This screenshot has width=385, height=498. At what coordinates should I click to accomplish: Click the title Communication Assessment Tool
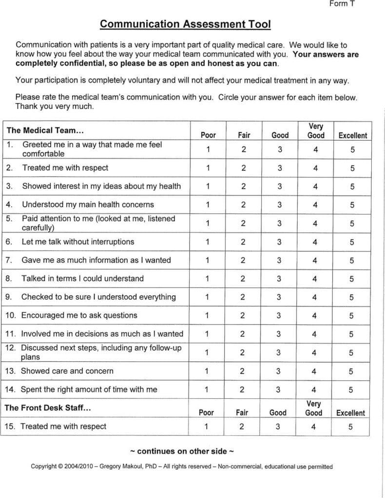185,24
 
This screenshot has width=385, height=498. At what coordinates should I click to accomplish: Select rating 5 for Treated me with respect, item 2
352,168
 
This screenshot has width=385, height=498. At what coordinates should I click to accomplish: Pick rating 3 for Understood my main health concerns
279,205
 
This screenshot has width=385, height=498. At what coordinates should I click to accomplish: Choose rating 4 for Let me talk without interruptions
315,242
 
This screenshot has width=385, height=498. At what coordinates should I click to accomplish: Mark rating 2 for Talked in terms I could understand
243,279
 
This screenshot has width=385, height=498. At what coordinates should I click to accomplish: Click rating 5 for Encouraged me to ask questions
351,316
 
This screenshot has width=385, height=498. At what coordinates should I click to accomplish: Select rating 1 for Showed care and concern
207,372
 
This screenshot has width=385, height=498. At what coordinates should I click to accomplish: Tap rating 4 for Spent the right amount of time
314,390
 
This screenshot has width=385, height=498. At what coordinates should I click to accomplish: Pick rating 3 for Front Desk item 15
278,427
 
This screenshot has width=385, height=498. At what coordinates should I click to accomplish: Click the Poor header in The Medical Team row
208,135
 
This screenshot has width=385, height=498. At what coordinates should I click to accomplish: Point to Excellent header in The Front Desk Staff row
350,413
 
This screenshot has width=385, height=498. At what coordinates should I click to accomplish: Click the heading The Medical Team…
45,130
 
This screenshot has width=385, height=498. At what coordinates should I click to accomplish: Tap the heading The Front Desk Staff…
48,408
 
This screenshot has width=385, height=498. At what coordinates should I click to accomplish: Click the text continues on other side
182,451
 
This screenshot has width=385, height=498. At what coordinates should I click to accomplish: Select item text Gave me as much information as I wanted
96,260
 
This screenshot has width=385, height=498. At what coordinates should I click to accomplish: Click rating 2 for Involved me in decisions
242,334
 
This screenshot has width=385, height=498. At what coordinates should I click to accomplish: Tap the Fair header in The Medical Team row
244,135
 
